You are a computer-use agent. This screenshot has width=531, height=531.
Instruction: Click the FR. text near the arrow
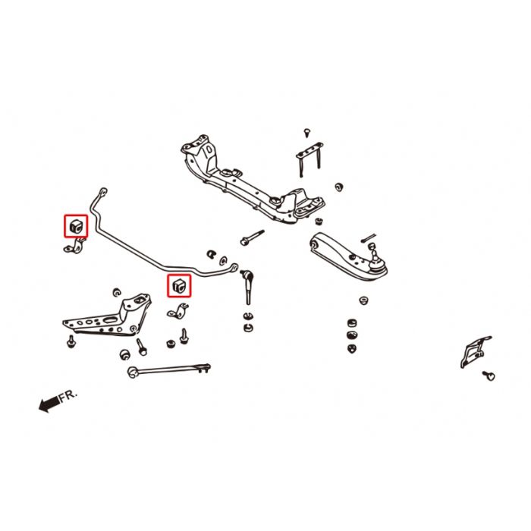coord(68,396)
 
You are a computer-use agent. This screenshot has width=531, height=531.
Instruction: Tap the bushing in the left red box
coord(76,226)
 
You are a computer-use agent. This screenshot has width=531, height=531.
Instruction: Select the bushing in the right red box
coord(180,285)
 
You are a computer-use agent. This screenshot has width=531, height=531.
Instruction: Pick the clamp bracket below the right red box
coord(179,310)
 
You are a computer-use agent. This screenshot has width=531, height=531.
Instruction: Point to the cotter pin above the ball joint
coord(369,238)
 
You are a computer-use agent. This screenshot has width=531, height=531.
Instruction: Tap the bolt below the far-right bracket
coord(490,375)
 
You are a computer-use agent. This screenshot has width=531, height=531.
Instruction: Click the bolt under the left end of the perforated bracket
coord(70,341)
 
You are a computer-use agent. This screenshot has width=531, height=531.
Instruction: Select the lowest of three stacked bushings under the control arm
coord(351,348)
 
